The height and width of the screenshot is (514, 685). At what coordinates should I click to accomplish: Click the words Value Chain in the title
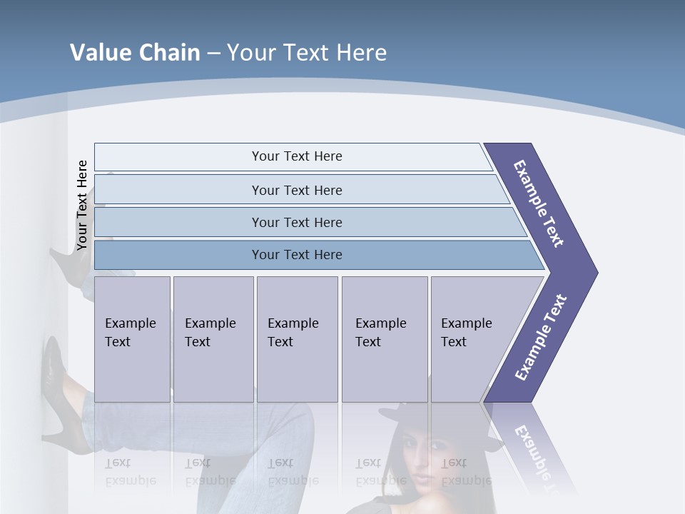coord(135,53)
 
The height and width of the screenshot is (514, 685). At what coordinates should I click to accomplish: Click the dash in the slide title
coord(213,54)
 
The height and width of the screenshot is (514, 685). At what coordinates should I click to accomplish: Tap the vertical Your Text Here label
coord(82,205)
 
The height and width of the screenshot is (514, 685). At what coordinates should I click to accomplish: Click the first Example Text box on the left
coord(132,339)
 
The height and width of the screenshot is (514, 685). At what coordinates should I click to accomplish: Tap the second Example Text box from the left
coord(213,339)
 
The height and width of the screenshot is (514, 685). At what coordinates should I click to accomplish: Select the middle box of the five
coord(297,339)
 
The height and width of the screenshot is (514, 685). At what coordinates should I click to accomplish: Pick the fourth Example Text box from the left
coord(384,339)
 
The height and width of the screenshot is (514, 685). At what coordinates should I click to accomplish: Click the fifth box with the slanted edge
coord(471,339)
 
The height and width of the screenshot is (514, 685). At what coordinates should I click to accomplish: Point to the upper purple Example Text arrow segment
coord(539,203)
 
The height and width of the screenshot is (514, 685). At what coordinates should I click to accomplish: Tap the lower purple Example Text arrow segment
coord(541,337)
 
